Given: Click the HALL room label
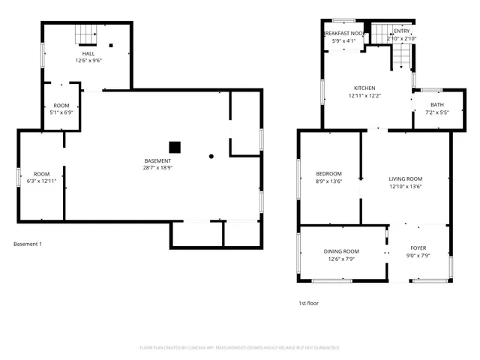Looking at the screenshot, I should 88,54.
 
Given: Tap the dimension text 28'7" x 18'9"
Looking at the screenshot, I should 157,168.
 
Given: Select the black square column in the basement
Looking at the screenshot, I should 175,147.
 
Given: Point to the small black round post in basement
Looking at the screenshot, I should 211,157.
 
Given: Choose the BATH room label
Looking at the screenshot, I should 436,105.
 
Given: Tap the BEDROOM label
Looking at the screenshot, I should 328,174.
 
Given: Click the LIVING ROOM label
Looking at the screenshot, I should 405,178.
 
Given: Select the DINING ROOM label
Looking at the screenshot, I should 341,251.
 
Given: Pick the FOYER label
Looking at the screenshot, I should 418,247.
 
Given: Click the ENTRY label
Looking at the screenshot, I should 402,31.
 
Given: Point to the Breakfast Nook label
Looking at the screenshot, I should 344,34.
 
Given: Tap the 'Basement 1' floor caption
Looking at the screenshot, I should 28,244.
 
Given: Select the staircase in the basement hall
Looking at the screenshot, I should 86,34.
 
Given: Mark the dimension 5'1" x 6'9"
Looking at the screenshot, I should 61,112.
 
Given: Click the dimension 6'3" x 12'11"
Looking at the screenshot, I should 41,181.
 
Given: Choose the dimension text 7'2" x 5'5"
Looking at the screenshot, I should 436,112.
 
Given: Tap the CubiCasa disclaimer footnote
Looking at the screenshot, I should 239,347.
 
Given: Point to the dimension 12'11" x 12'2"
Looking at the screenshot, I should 364,96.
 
